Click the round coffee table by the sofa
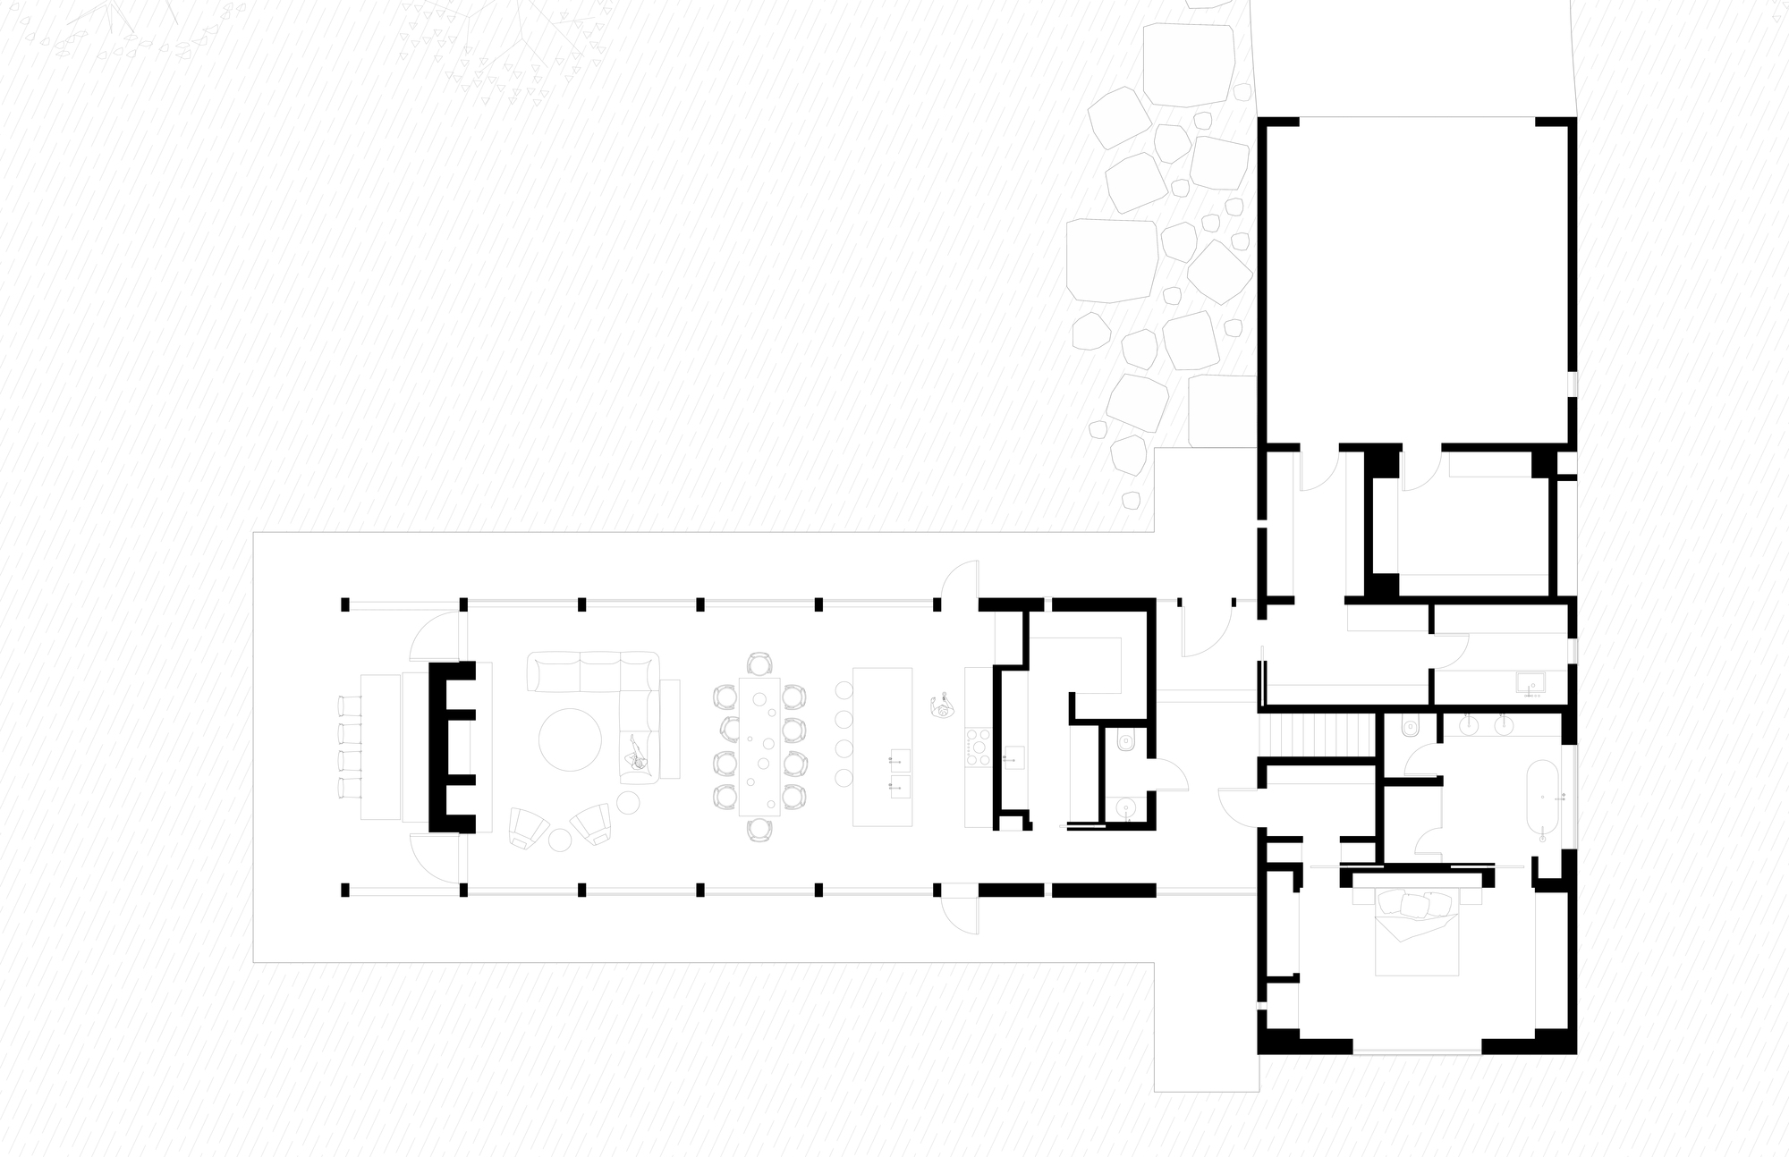click(570, 739)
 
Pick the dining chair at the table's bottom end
click(759, 829)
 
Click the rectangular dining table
click(759, 747)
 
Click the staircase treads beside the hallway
click(1315, 735)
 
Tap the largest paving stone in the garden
click(1112, 260)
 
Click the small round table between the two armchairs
click(560, 840)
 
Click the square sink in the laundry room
click(1532, 684)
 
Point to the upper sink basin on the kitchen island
click(899, 760)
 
